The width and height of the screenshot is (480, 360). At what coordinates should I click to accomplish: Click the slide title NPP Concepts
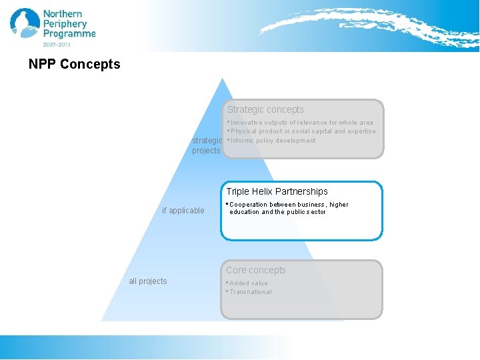click(75, 65)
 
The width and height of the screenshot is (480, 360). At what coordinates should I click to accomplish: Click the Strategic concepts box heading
click(265, 109)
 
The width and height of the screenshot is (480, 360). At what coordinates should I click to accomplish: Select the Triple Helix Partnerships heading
click(277, 191)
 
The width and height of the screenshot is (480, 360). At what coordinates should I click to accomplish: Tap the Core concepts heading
click(255, 270)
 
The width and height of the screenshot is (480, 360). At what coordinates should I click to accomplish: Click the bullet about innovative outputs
click(301, 123)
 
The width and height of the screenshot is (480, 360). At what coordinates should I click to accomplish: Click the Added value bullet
click(247, 283)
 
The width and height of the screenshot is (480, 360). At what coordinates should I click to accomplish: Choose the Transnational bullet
click(249, 292)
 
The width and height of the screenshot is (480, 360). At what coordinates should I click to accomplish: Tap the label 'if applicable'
click(183, 211)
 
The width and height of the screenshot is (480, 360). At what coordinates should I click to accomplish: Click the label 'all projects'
click(148, 281)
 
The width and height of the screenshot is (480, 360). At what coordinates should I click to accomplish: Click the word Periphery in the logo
click(65, 23)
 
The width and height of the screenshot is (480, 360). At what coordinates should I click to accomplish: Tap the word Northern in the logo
click(63, 14)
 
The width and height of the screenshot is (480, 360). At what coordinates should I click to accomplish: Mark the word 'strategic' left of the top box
click(207, 141)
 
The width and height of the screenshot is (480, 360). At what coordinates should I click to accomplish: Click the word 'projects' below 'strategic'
click(206, 151)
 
